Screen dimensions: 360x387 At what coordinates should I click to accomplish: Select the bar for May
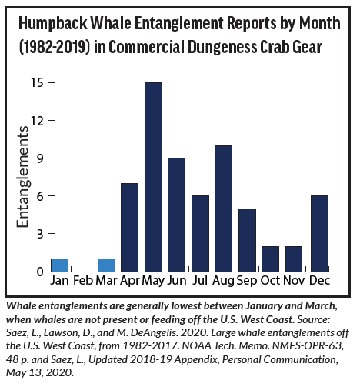153,177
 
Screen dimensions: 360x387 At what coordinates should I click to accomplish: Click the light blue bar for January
59,265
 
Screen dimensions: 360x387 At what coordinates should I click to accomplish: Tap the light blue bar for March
106,265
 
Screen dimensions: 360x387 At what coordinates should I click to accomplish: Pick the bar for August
223,209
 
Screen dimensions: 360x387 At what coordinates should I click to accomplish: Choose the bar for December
319,234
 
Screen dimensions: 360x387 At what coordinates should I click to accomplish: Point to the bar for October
270,259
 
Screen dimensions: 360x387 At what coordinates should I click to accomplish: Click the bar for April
129,228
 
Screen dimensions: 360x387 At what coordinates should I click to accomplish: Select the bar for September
247,240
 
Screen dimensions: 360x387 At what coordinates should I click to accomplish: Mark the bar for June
176,215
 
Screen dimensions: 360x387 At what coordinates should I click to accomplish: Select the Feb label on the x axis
83,280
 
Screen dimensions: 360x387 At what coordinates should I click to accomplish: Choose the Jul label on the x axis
200,280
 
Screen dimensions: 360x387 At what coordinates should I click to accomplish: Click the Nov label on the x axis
294,280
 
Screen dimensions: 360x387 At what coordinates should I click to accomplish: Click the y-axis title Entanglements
22,177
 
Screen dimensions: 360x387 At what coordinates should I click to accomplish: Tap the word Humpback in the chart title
53,23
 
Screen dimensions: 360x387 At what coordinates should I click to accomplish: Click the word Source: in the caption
313,319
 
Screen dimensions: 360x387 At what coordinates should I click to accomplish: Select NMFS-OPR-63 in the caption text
308,345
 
